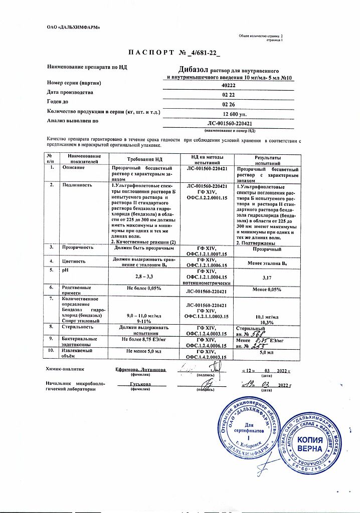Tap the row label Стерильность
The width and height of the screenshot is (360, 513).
point(77,327)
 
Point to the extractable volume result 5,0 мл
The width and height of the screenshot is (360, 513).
point(267,353)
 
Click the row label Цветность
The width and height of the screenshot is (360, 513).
point(74,261)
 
